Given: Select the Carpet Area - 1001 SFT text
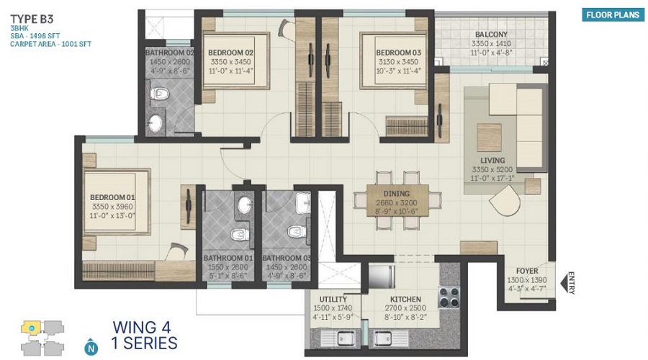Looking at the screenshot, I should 50,43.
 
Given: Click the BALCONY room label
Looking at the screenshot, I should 491,35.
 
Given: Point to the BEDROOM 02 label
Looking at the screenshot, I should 230,53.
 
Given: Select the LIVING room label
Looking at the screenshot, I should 492,160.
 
